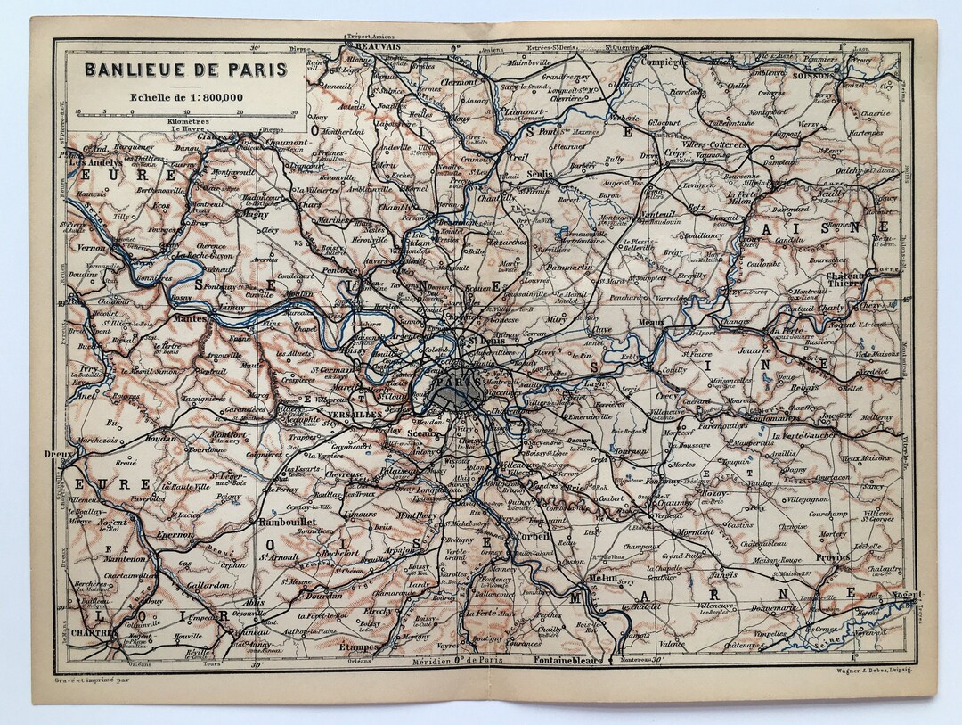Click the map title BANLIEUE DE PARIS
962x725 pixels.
coord(186,70)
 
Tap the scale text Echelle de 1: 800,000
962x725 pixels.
coord(186,97)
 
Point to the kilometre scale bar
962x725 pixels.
coord(186,112)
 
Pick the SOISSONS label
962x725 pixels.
coord(811,77)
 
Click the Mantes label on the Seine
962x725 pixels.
coord(190,317)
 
